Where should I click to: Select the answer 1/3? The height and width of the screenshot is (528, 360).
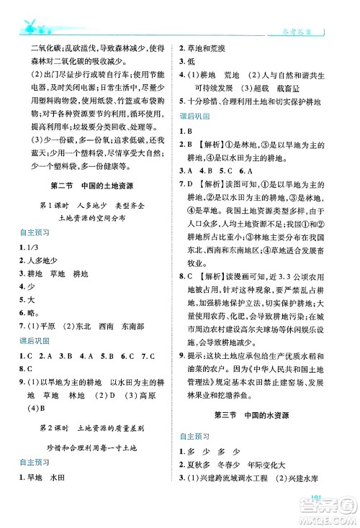(x=35, y=248)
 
